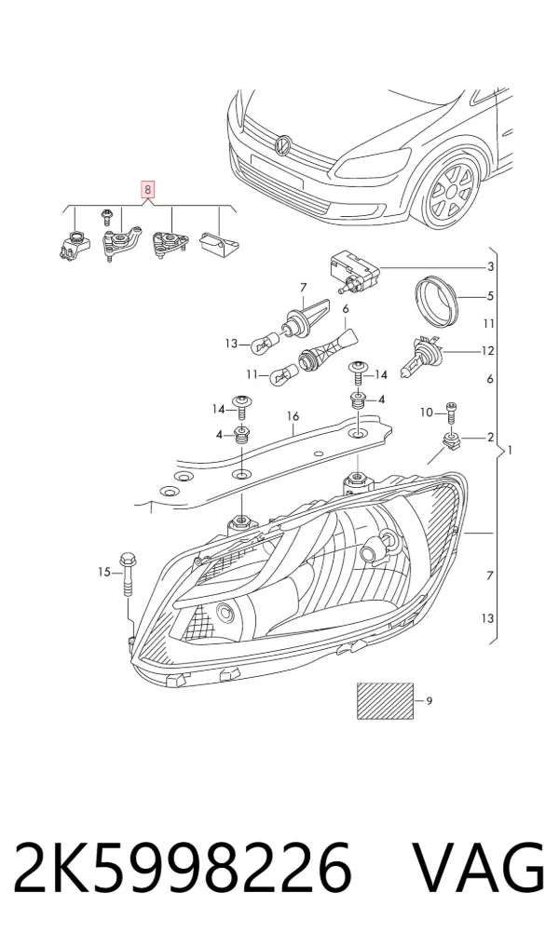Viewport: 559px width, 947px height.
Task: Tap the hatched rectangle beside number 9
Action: (386, 700)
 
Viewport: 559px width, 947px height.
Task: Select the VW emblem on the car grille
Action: (282, 145)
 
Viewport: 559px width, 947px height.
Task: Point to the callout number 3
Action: (491, 267)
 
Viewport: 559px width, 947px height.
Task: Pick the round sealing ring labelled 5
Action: (438, 299)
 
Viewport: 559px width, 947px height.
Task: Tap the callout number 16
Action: (293, 416)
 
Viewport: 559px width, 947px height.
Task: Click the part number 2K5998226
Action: (183, 867)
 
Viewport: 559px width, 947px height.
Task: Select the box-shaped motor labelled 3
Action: (353, 271)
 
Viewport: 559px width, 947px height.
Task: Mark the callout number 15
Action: (105, 572)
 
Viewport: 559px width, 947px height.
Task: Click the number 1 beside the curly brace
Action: (511, 450)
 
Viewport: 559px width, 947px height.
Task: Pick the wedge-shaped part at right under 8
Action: (218, 241)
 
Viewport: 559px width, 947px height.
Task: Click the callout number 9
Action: (429, 701)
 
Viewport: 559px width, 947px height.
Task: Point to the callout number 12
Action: (487, 351)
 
